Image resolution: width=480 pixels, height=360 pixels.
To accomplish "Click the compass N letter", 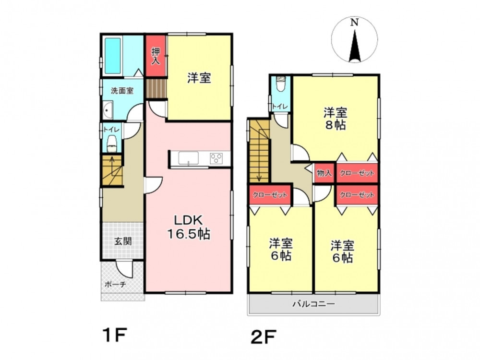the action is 355,22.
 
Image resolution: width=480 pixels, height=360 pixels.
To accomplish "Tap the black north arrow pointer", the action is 355,46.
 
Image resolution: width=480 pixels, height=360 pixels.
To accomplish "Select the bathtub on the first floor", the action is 112,56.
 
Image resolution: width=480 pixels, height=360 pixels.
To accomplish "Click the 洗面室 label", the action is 122,91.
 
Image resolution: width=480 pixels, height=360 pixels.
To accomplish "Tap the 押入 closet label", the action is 156,56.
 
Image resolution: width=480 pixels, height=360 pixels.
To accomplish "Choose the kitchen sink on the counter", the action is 189,158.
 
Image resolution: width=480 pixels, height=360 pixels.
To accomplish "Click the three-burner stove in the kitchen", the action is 216,158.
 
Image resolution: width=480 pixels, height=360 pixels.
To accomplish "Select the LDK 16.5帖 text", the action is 188,227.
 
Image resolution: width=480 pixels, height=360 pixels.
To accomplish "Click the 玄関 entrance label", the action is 123,241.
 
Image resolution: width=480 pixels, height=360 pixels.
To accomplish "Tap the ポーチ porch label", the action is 115,284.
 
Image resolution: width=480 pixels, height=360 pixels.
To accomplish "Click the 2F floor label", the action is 264,337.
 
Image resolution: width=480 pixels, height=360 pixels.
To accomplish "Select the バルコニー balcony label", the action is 313,304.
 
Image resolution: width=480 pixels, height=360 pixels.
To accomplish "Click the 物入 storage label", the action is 324,173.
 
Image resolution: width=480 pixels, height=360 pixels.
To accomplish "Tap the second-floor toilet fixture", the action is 280,84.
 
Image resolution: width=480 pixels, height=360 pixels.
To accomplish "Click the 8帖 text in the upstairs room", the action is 336,125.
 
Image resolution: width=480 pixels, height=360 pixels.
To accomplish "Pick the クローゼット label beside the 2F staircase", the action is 270,195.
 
